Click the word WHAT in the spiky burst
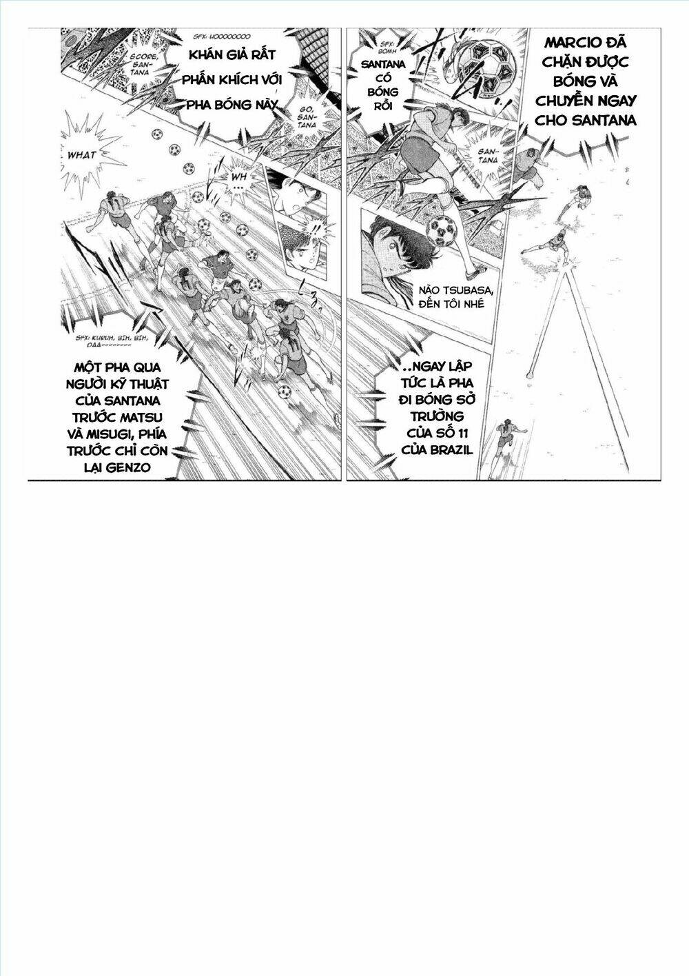click(x=82, y=155)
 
